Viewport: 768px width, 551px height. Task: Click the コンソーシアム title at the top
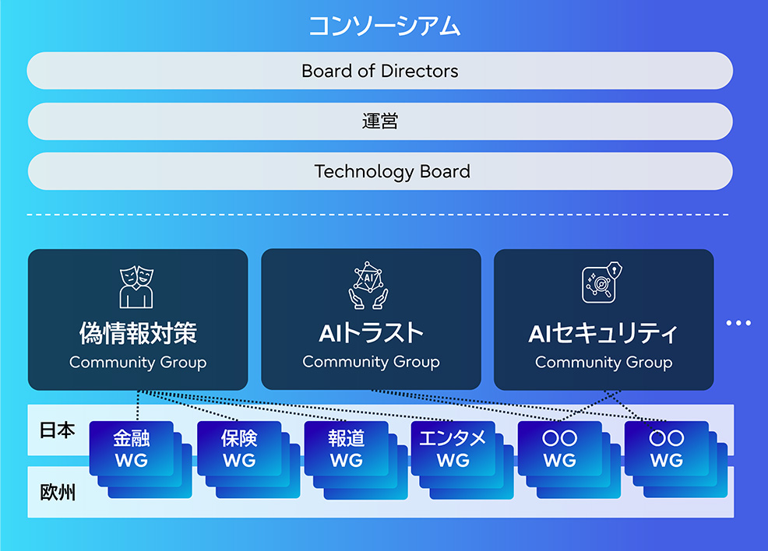(384, 26)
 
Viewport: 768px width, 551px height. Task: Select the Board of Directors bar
(380, 72)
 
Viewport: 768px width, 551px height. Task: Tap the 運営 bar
(380, 121)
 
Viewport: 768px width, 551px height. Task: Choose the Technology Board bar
(380, 171)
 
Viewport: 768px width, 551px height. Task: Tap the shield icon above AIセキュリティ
(604, 283)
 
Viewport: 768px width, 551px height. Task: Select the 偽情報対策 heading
(138, 334)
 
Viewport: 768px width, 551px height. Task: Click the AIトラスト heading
(371, 334)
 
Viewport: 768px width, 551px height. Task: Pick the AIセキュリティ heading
(604, 334)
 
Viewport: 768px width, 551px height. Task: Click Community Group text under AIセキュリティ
(604, 363)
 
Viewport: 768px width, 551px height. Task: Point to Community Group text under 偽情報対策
(138, 363)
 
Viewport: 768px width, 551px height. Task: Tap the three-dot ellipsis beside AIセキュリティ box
(738, 322)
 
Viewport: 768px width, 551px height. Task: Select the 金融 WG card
(131, 449)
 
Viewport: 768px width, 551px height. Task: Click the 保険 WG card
(238, 449)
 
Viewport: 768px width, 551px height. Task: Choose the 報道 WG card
(346, 449)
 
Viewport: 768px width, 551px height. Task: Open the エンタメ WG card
(453, 449)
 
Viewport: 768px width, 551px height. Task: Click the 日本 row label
(57, 430)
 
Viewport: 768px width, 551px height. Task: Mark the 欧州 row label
(57, 492)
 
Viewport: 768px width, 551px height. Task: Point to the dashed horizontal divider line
(380, 214)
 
